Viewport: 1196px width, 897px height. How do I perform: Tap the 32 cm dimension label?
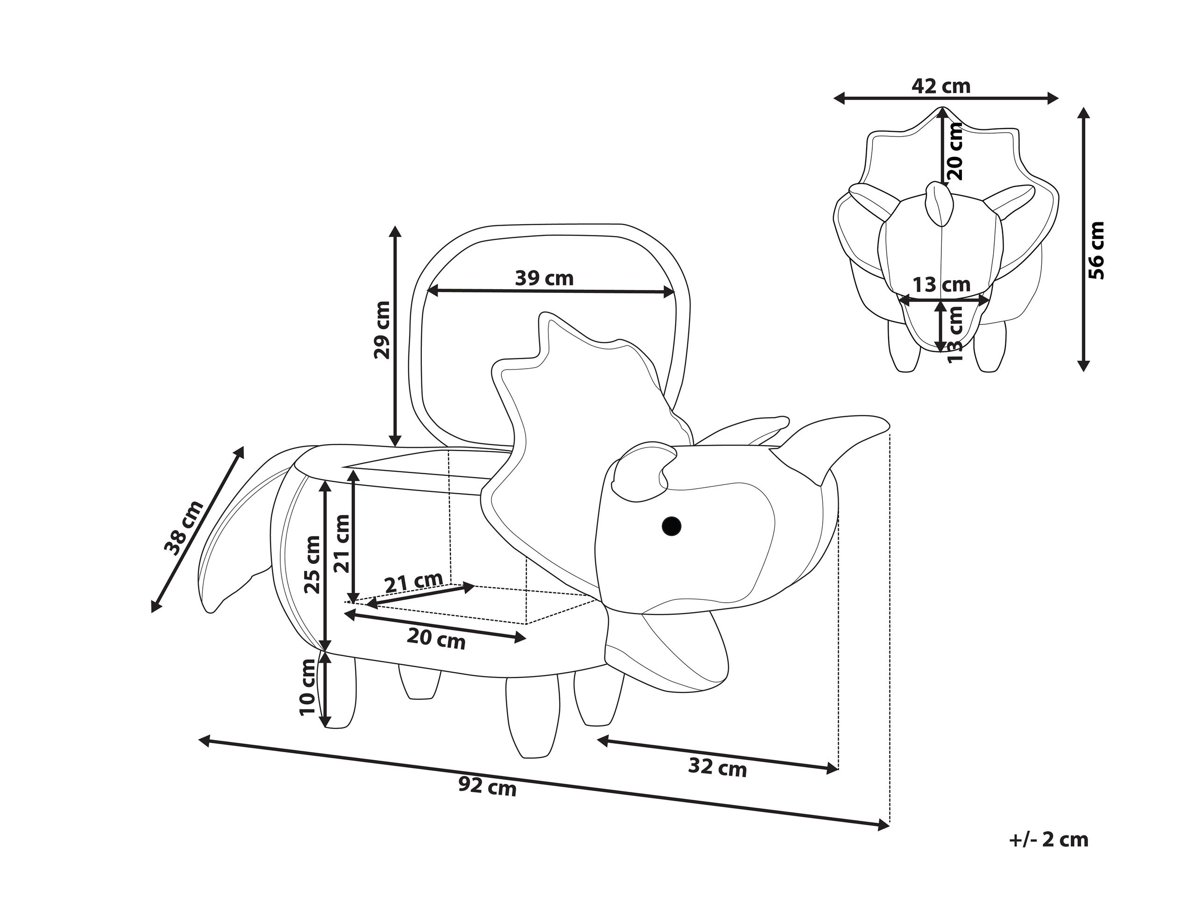[718, 767]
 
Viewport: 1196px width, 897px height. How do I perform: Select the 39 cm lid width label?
[544, 278]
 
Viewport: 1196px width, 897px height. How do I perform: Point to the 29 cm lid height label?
[381, 330]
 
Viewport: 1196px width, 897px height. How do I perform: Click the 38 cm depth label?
[184, 528]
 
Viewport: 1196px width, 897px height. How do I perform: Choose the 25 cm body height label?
[313, 565]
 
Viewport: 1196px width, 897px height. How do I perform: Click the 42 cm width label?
[941, 86]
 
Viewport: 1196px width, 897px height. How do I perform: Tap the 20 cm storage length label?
[436, 639]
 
